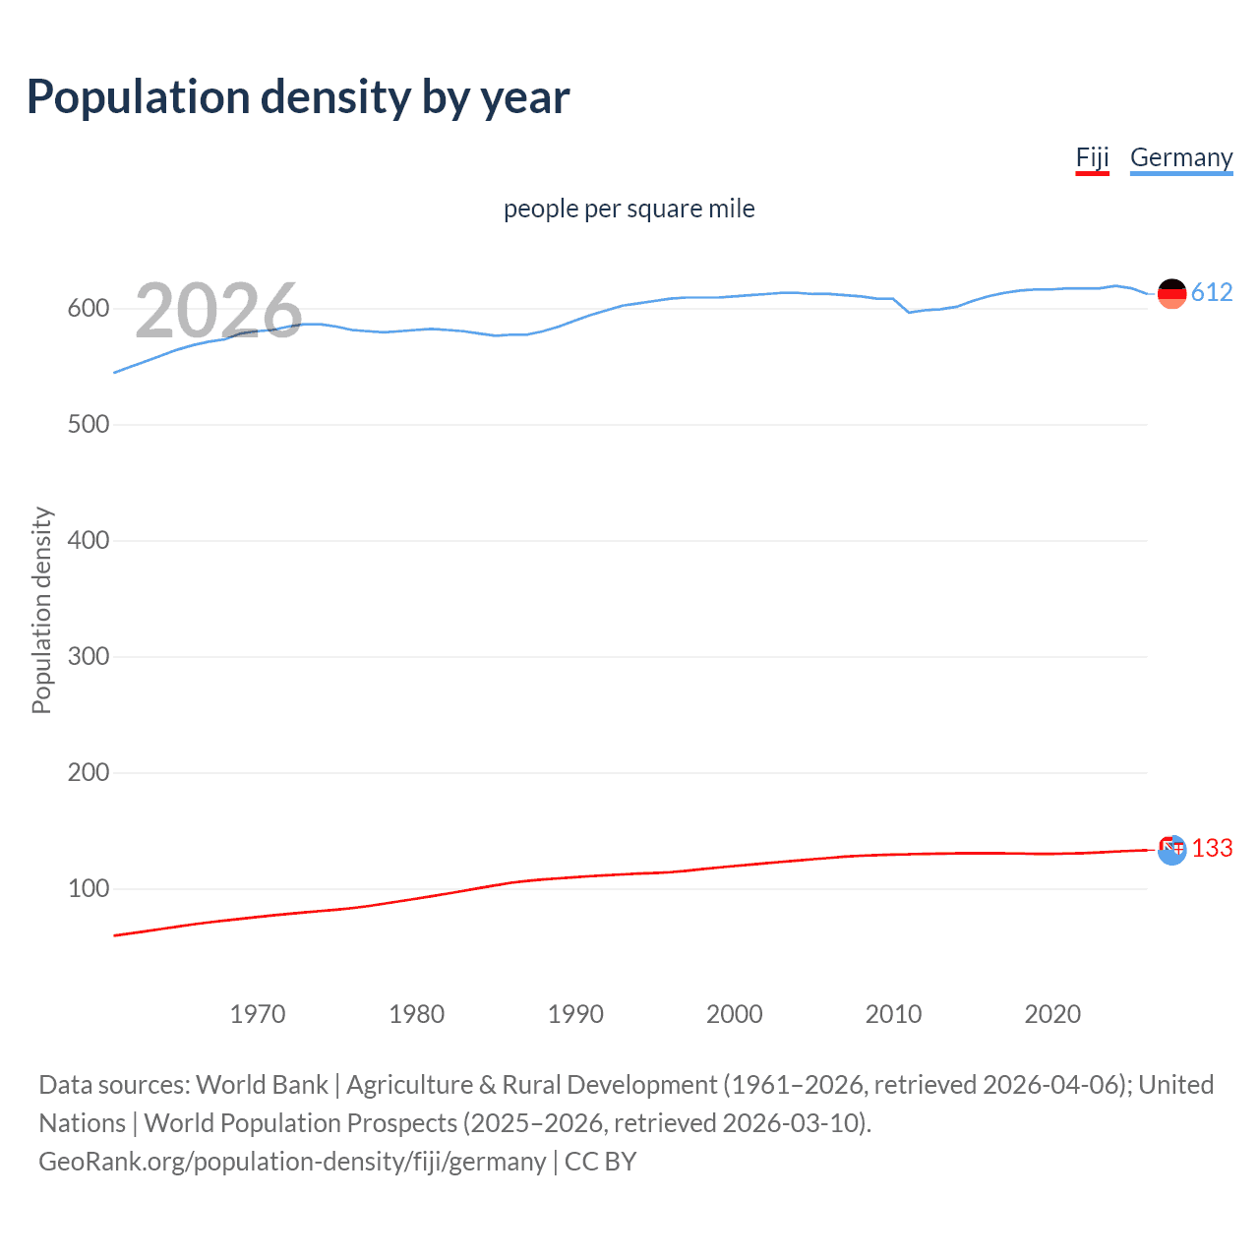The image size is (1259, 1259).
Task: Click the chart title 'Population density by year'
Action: (298, 97)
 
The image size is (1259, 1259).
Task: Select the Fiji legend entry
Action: (1092, 158)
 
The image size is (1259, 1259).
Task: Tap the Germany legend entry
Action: (1180, 158)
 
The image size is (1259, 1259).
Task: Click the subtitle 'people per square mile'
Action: (629, 210)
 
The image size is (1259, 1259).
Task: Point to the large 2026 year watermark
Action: (218, 311)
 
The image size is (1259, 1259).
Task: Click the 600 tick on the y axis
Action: (88, 309)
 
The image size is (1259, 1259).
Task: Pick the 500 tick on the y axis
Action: (88, 425)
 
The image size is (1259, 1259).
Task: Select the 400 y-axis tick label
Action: (88, 541)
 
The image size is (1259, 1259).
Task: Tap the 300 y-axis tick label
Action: (88, 657)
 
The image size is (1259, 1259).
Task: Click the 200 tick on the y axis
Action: (88, 773)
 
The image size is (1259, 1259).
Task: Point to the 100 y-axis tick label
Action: (88, 889)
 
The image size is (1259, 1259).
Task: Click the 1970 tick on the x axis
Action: (258, 1014)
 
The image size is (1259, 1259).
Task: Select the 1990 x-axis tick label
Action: (575, 1014)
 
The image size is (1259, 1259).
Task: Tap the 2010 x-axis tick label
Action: (893, 1014)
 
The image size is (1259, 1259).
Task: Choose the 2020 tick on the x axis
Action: (1052, 1014)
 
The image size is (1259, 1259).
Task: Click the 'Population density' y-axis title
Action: (41, 610)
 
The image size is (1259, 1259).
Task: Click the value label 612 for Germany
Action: (1212, 293)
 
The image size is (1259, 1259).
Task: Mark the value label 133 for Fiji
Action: (1212, 849)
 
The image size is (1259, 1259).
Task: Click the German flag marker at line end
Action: (1171, 293)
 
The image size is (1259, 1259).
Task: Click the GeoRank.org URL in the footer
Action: (292, 1162)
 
